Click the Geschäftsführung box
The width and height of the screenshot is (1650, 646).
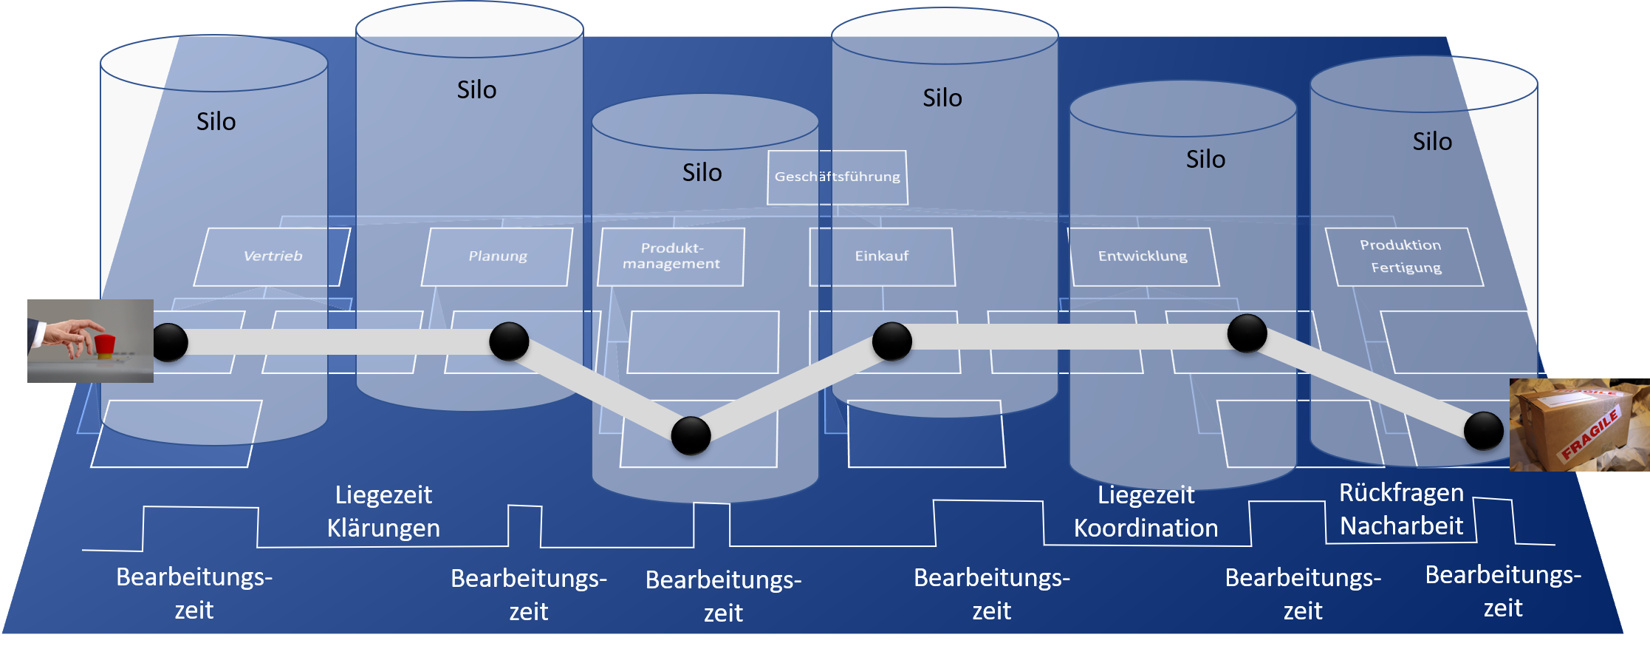838,177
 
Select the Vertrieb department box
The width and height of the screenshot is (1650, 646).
272,256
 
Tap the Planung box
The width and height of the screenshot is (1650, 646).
497,256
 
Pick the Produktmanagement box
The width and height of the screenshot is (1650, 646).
671,256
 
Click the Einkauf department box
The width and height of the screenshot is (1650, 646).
882,256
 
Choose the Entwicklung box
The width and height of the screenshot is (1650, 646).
1143,256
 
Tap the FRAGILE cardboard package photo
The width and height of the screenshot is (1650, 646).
1579,425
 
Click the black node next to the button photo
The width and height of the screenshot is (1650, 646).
170,342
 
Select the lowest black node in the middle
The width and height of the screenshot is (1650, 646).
691,435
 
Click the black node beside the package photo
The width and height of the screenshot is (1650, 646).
1483,431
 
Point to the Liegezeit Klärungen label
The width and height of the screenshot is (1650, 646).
383,511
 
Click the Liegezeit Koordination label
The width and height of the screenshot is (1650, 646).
1146,511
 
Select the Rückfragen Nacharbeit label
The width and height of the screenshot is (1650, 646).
1401,509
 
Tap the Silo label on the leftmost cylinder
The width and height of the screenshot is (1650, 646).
216,121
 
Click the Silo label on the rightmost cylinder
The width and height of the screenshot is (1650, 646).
1432,141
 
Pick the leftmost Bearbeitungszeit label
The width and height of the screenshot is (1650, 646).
194,593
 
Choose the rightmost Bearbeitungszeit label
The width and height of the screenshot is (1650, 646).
1503,591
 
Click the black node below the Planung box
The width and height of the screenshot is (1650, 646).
509,341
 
